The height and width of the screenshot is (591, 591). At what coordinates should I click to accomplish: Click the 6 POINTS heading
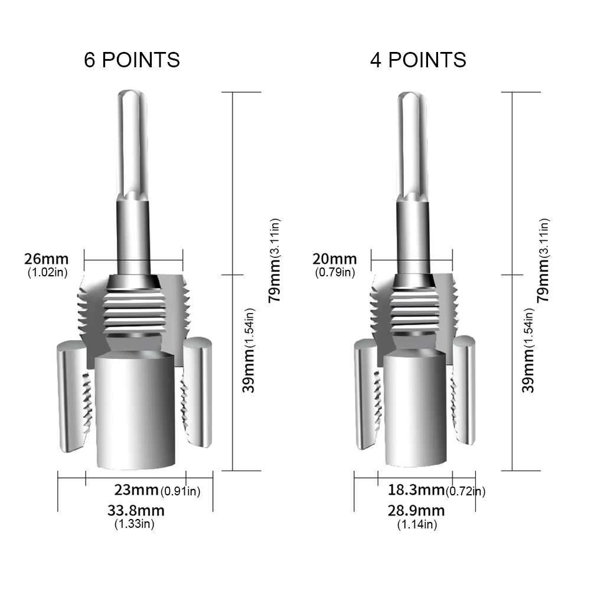[132, 60]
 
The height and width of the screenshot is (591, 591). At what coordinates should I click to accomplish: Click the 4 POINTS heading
[418, 60]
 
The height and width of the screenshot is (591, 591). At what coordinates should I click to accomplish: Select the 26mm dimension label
[46, 259]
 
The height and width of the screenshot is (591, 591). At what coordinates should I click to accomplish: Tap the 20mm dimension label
[335, 259]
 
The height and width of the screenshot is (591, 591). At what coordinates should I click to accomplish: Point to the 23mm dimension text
[136, 490]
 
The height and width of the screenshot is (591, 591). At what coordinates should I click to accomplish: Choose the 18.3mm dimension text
[416, 490]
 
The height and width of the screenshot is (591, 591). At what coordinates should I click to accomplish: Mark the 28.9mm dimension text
[417, 510]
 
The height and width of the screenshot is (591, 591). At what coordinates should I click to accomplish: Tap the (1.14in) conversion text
[417, 524]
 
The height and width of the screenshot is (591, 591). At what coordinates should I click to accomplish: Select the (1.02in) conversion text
[47, 272]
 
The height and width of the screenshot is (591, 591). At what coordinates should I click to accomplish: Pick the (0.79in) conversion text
[335, 272]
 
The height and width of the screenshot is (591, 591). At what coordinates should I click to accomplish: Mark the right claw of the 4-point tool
[465, 390]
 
